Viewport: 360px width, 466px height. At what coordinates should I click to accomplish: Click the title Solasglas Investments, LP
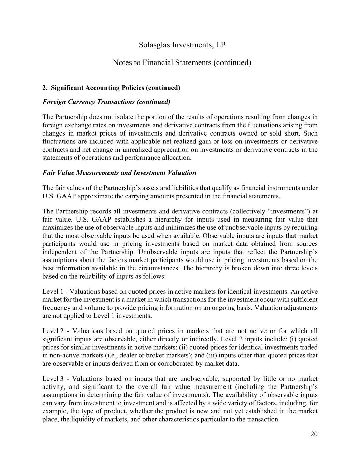pyautogui.click(x=182, y=45)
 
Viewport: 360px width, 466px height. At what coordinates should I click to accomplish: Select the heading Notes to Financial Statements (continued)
pyautogui.click(x=182, y=63)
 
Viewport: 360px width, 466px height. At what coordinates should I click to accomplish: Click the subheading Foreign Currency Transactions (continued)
pyautogui.click(x=106, y=102)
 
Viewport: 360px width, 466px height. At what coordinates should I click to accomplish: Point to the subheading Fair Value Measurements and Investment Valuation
pyautogui.click(x=119, y=173)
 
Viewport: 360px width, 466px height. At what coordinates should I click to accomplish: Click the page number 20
pyautogui.click(x=314, y=434)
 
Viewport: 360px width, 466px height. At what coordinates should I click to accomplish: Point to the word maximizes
pyautogui.click(x=57, y=228)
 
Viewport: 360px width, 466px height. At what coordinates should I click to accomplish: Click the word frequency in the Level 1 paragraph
pyautogui.click(x=56, y=308)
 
